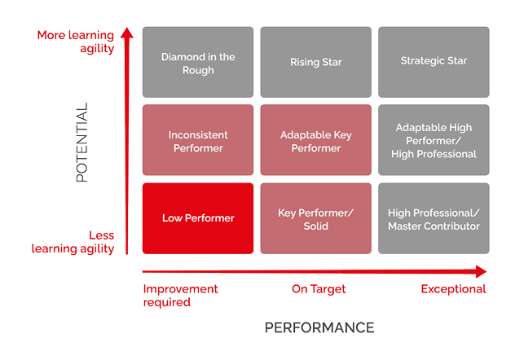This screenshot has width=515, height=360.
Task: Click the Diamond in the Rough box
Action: (198, 63)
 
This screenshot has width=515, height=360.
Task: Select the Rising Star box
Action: (315, 63)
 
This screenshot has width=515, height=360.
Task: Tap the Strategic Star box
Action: (434, 63)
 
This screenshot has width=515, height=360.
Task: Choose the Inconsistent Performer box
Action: (198, 140)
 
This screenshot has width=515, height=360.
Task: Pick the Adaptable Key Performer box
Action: (315, 140)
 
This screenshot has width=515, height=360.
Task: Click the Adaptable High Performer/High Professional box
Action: (434, 140)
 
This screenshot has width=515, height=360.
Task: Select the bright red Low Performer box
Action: (198, 218)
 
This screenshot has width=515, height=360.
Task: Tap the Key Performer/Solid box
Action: (315, 218)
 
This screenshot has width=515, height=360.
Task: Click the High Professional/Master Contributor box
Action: (434, 218)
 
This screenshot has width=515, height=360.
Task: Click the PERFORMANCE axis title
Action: (319, 327)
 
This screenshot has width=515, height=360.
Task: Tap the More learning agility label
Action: (76, 42)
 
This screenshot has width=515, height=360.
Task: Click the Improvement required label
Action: (180, 295)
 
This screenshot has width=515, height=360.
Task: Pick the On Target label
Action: (319, 289)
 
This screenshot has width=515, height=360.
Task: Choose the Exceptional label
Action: (454, 289)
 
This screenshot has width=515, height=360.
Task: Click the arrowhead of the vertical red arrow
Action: (126, 34)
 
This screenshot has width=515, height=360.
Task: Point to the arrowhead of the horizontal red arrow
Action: (482, 271)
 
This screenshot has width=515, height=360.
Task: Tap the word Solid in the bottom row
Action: (316, 226)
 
